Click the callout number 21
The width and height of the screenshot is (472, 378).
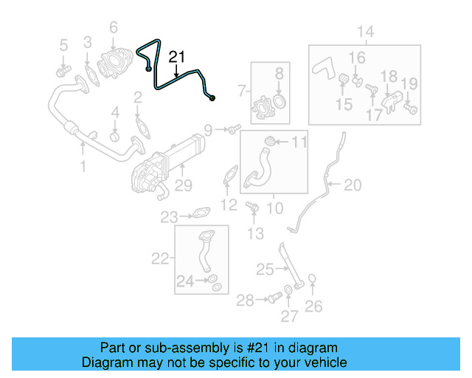178,56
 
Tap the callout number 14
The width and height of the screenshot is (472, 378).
365,31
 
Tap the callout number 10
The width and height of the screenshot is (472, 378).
274,208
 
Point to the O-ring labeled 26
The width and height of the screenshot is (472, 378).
313,280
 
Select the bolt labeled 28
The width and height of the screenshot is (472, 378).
272,298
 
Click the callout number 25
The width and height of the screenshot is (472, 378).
265,269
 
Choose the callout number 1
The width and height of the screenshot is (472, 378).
83,168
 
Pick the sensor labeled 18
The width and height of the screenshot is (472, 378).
390,97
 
